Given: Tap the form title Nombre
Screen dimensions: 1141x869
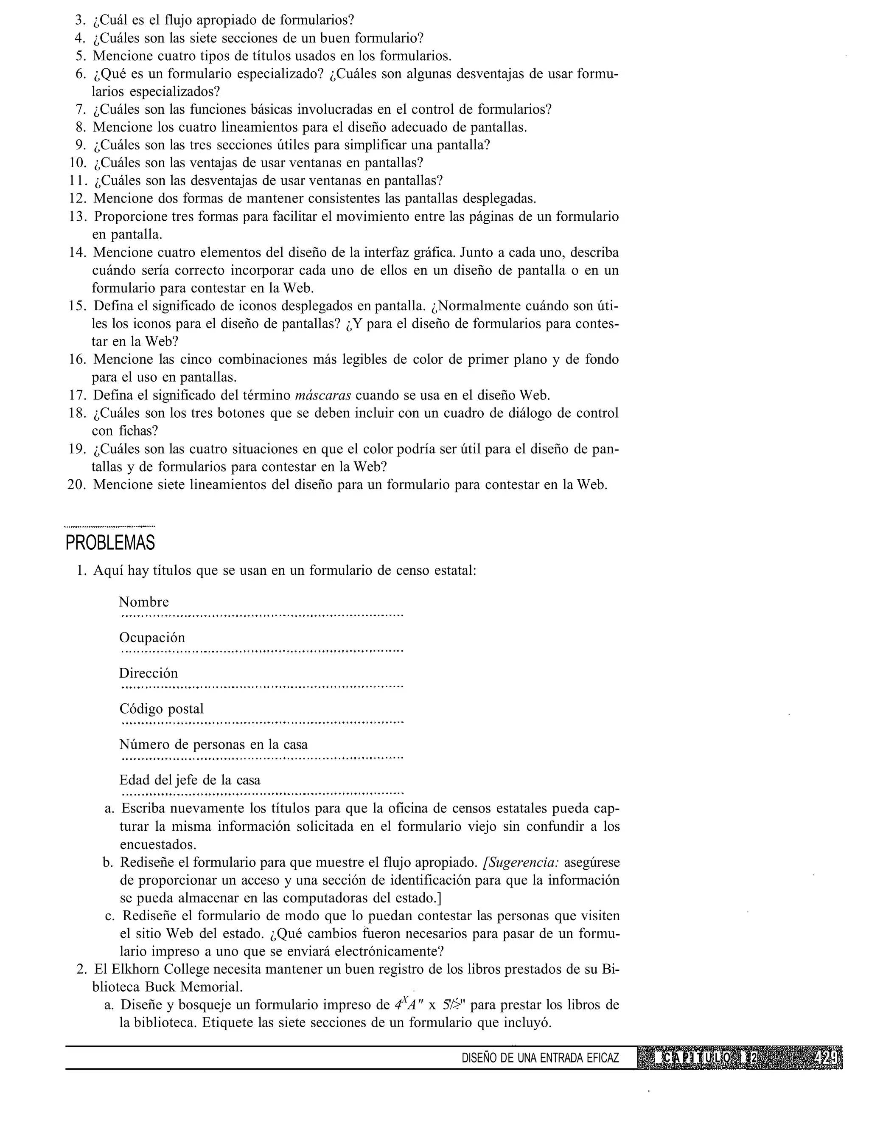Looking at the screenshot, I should click(144, 602).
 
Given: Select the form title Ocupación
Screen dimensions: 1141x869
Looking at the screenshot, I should click(151, 638).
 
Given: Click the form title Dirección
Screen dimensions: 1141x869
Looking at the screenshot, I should click(148, 673).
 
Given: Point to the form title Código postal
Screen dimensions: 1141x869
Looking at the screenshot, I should click(161, 709).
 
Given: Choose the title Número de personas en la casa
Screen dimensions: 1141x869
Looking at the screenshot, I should click(213, 745).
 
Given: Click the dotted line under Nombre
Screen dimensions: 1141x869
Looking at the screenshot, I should click(261, 616).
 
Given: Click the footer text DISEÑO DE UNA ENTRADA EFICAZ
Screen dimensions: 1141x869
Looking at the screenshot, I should click(540, 1058).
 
